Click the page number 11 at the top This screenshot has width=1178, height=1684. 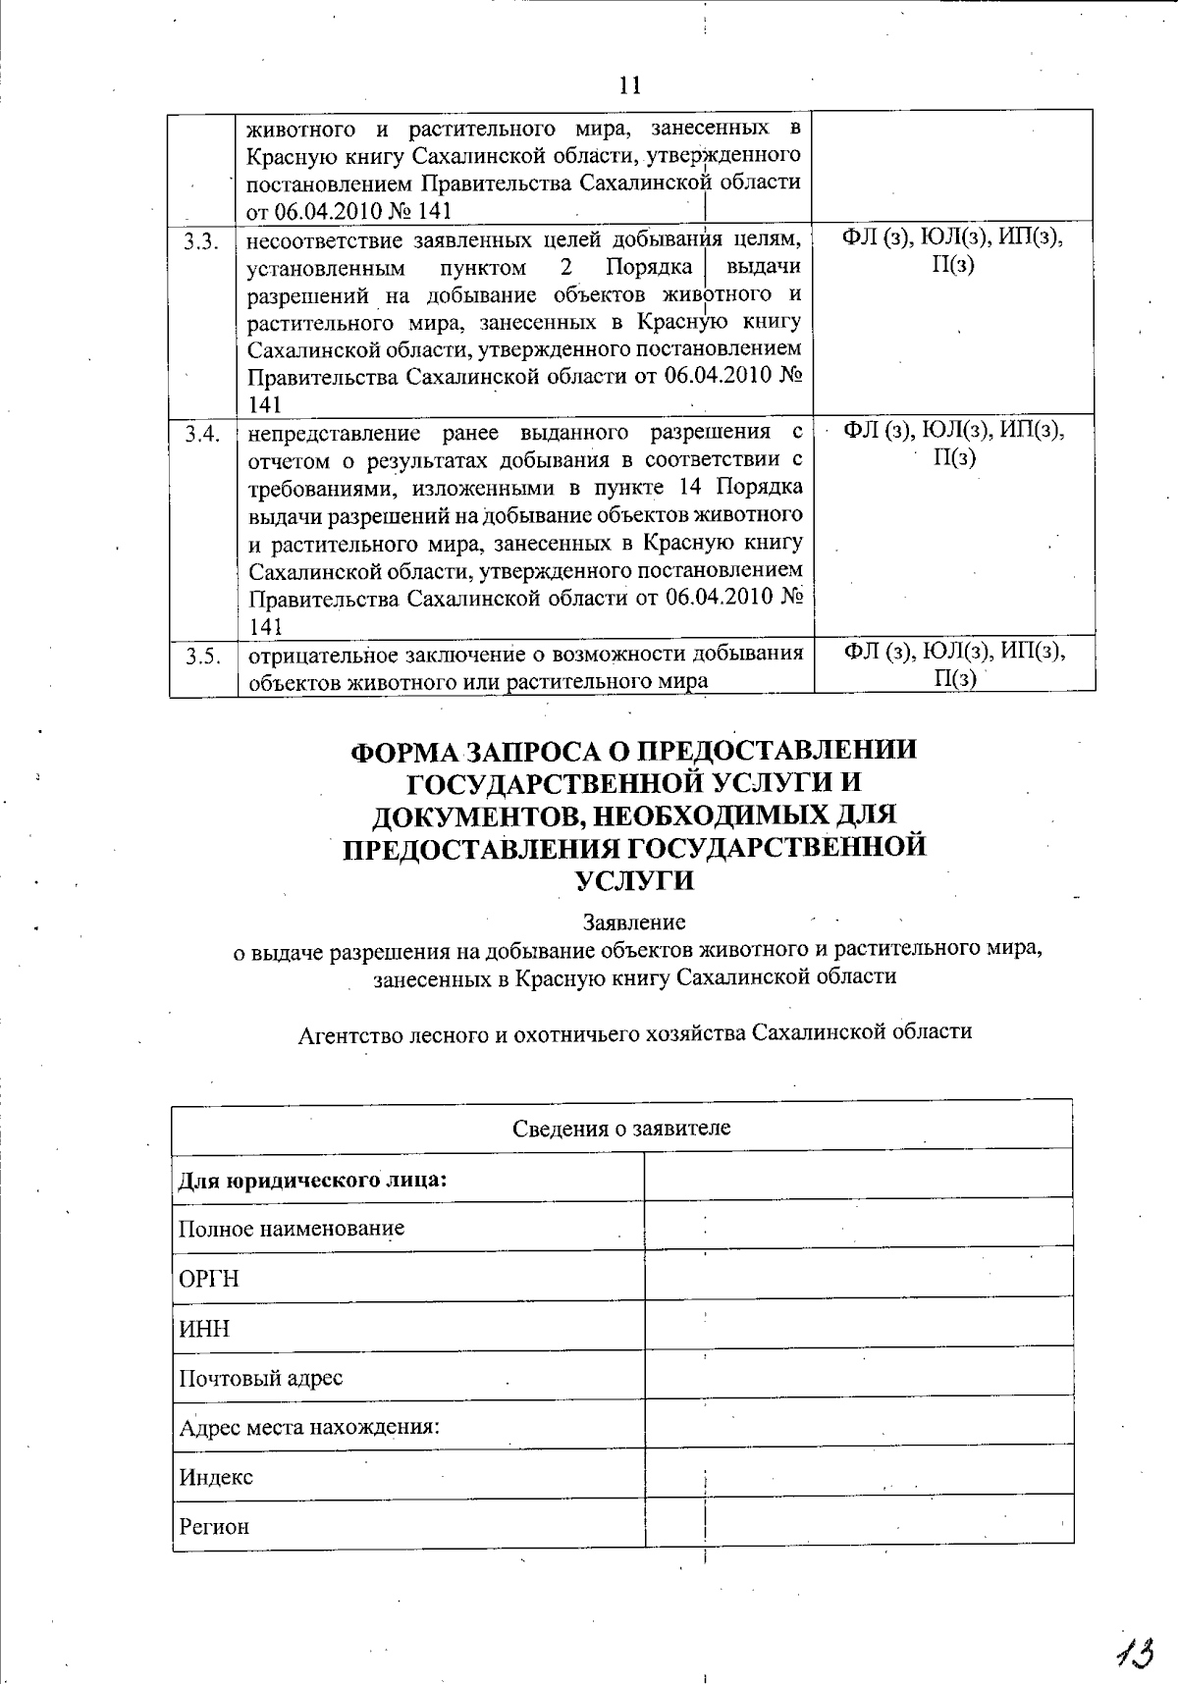click(x=630, y=85)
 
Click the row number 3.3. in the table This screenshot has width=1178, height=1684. click(x=202, y=240)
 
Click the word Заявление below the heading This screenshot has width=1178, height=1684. click(x=634, y=922)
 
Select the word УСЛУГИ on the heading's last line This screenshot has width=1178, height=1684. click(x=634, y=880)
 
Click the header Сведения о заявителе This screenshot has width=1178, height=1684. click(x=621, y=1128)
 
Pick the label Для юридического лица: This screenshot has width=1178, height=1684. click(x=312, y=1179)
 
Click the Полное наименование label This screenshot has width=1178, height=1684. click(x=292, y=1229)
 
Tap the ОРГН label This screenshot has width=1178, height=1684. click(x=209, y=1279)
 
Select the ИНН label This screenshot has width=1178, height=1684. click(x=204, y=1329)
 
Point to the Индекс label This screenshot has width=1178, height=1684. click(x=216, y=1477)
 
